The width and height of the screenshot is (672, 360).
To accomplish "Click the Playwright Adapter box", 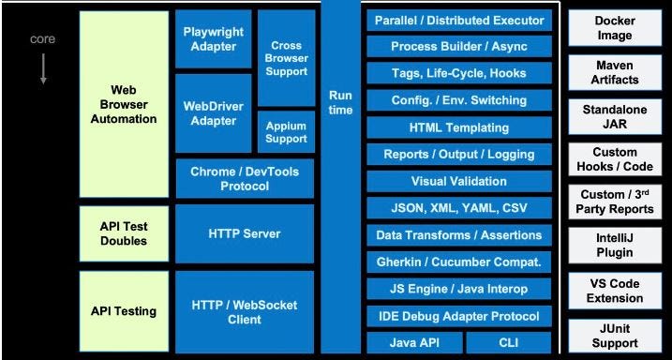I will click(x=213, y=38).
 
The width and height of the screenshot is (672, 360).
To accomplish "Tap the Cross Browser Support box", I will click(x=287, y=58).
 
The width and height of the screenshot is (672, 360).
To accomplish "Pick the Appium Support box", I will click(x=287, y=132).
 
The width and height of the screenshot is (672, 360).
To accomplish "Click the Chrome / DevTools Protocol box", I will click(x=245, y=178).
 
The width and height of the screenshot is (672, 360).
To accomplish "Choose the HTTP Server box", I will click(x=245, y=233).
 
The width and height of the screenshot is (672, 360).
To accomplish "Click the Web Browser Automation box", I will click(x=124, y=104).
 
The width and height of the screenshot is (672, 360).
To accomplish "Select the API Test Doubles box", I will click(x=124, y=233).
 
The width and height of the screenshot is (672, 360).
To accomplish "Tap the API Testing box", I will click(x=124, y=311).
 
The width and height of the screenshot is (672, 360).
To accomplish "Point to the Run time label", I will click(x=341, y=103).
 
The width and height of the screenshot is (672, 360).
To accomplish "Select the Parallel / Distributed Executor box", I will click(x=458, y=21).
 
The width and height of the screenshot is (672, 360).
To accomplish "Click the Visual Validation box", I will click(x=458, y=182).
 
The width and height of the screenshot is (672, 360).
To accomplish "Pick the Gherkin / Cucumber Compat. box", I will click(x=458, y=262).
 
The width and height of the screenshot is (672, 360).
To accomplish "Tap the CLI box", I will click(x=507, y=342).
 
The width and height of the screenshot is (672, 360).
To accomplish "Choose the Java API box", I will click(x=413, y=342).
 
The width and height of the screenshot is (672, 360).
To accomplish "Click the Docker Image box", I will click(x=615, y=28).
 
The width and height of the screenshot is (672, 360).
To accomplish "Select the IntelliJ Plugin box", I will click(x=615, y=245).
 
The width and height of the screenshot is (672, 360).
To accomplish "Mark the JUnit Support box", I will click(x=615, y=336).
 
